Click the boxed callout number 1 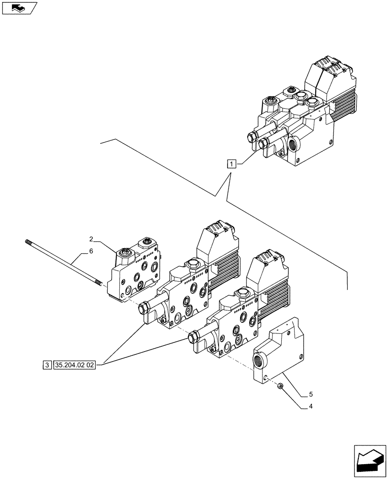pos(232,165)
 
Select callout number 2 pos(90,238)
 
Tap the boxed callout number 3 pos(46,365)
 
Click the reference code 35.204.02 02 pos(75,365)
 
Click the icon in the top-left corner pos(19,8)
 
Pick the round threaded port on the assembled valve pos(293,144)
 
